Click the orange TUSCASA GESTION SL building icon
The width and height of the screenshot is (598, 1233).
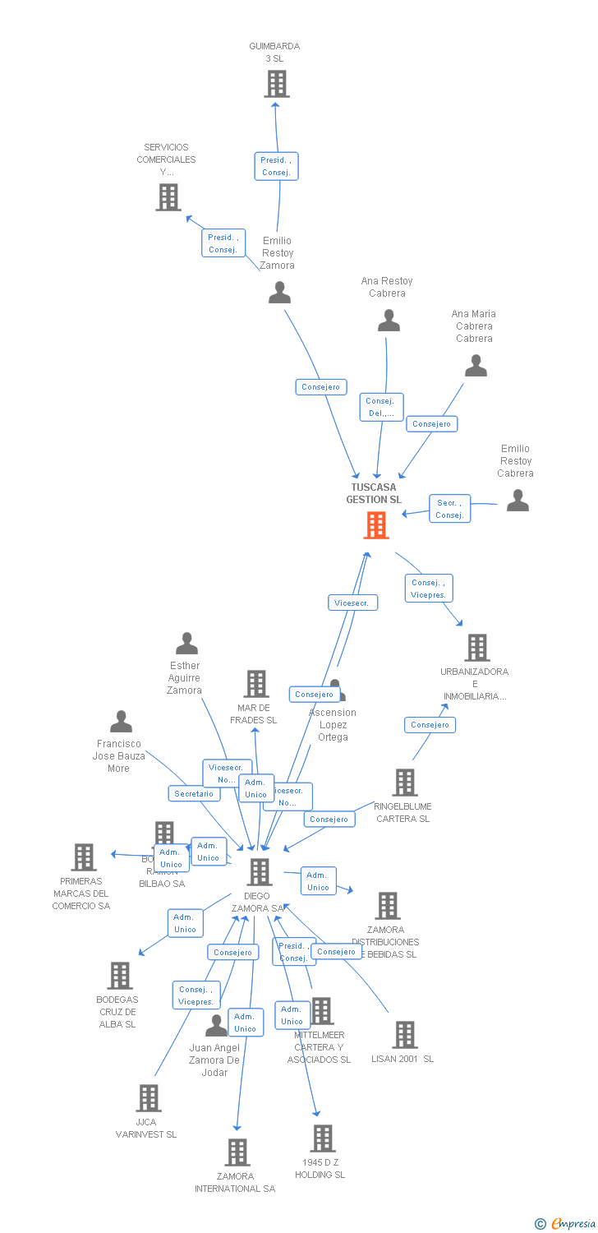[x=376, y=525]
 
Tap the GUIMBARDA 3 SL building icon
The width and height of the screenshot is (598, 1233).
[x=277, y=84]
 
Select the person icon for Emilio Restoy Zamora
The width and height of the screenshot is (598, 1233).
[x=279, y=293]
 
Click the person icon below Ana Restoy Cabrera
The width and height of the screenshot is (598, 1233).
[x=389, y=321]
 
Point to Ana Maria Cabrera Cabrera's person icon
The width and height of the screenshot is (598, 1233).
[x=476, y=366]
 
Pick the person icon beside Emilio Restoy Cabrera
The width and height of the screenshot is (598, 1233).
[x=517, y=500]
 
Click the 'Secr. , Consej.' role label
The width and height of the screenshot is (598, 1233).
[x=449, y=509]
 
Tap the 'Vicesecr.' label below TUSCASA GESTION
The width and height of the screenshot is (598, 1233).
[x=352, y=603]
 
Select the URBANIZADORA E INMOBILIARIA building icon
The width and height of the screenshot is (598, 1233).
[x=476, y=648]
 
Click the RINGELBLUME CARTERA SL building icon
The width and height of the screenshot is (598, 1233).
[x=404, y=783]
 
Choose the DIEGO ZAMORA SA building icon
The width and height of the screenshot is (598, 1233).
[x=260, y=872]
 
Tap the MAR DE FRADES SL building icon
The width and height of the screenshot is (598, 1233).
[x=256, y=684]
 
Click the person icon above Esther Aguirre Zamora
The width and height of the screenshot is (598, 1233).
[x=186, y=644]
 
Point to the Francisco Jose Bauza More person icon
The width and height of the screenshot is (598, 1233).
[x=121, y=722]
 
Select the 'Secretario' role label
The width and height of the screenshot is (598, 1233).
[x=194, y=793]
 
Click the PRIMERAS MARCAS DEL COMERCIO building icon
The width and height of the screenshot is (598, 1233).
[x=83, y=857]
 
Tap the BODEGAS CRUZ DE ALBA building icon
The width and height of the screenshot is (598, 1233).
[x=120, y=976]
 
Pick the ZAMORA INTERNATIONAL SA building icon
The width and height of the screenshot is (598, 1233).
[x=237, y=1152]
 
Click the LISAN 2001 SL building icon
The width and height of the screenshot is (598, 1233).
[x=405, y=1035]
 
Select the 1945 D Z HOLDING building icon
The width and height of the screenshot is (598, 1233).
[x=323, y=1138]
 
